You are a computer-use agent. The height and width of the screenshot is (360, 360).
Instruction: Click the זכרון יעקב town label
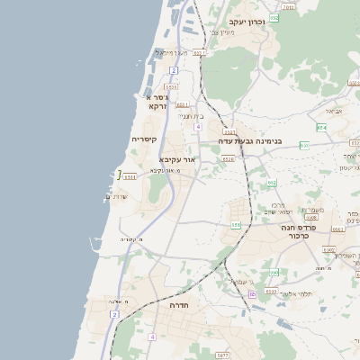pyautogui.click(x=247, y=21)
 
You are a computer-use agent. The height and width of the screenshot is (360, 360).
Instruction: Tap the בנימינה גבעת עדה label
pyautogui.click(x=256, y=141)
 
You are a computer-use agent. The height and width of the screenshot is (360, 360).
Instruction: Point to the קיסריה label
pyautogui.click(x=144, y=139)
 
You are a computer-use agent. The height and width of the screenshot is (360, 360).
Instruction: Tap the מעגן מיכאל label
pyautogui.click(x=169, y=54)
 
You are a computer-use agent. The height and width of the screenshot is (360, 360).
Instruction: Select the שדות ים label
pyautogui.click(x=118, y=196)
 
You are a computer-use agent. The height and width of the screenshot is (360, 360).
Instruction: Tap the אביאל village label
pyautogui.click(x=332, y=112)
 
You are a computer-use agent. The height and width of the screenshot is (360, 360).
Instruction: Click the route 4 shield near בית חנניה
pyautogui.click(x=197, y=127)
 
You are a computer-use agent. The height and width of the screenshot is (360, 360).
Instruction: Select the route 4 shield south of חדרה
pyautogui.click(x=152, y=337)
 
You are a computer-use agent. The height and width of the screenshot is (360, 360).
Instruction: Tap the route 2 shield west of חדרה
pyautogui.click(x=114, y=314)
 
